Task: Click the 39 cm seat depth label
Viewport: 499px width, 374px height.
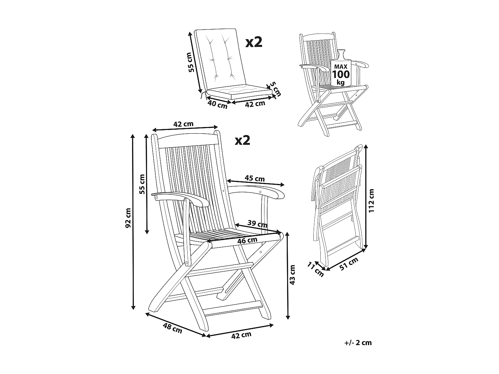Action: click(x=257, y=224)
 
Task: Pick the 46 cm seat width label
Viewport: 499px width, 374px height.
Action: click(x=247, y=240)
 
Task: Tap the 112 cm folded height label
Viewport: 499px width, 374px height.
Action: click(x=372, y=200)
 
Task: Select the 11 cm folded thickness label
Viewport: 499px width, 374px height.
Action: click(x=315, y=269)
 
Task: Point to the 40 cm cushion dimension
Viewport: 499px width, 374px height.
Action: click(x=217, y=104)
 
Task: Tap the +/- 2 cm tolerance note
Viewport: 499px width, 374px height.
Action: click(x=358, y=343)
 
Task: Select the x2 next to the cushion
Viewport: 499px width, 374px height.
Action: click(x=254, y=42)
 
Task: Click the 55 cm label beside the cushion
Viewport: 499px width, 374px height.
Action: click(x=190, y=62)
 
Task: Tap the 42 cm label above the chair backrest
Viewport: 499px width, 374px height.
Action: click(x=183, y=124)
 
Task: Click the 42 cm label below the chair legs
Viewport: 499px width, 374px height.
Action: click(x=241, y=335)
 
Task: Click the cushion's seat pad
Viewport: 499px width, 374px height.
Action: click(x=238, y=90)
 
